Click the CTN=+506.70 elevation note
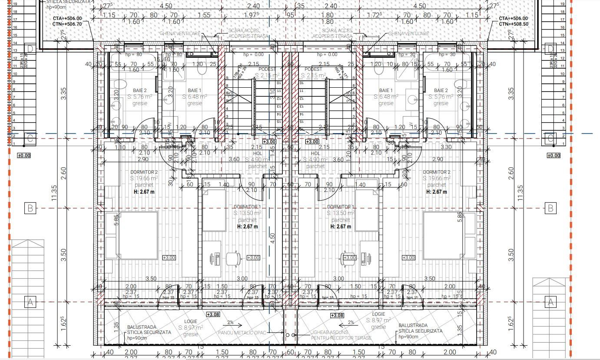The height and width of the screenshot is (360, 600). point(68,24)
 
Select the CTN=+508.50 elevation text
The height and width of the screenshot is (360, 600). point(513,24)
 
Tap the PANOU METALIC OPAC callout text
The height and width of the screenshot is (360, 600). point(246,333)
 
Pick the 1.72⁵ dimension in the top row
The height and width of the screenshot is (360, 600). point(374,15)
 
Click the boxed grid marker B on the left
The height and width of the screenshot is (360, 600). point(30,208)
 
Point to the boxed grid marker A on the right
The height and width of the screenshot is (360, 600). point(550,302)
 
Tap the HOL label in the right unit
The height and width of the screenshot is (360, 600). point(315,153)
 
